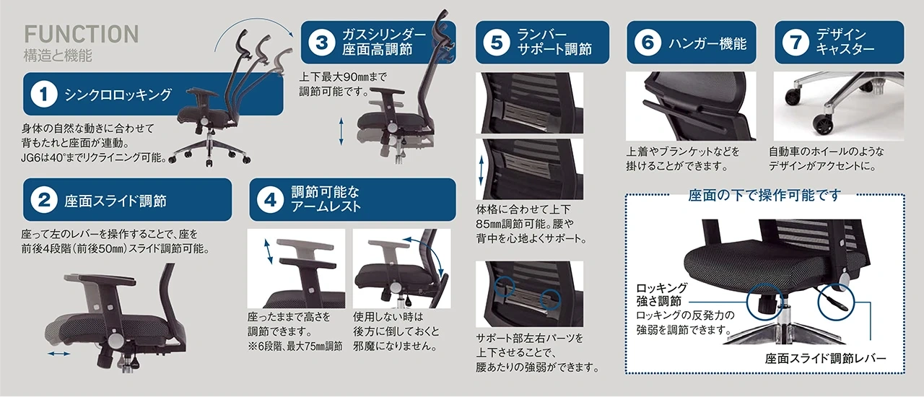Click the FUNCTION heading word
82,34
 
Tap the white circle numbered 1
44,94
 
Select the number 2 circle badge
44,200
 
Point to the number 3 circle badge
322,43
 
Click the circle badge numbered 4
270,200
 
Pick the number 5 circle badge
497,42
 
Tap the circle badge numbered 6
648,42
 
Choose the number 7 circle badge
796,42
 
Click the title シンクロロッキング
118,95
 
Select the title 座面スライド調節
115,201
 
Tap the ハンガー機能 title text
708,43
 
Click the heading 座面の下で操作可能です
764,195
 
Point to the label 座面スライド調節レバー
825,359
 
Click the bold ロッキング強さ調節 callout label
662,295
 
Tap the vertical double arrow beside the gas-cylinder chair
341,131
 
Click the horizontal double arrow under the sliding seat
59,354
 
